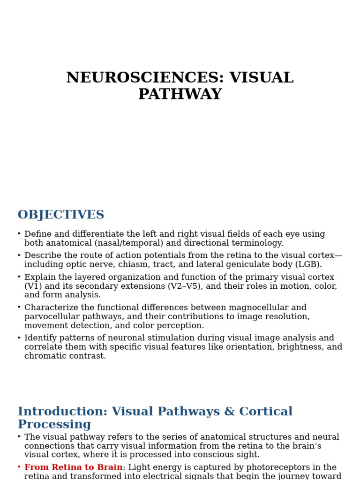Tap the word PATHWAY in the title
[180, 94]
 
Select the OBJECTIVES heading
[61, 215]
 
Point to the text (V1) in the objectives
[33, 286]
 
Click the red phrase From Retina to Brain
[74, 467]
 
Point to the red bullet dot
[19, 467]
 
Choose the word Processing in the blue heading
[54, 425]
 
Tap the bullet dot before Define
[19, 234]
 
